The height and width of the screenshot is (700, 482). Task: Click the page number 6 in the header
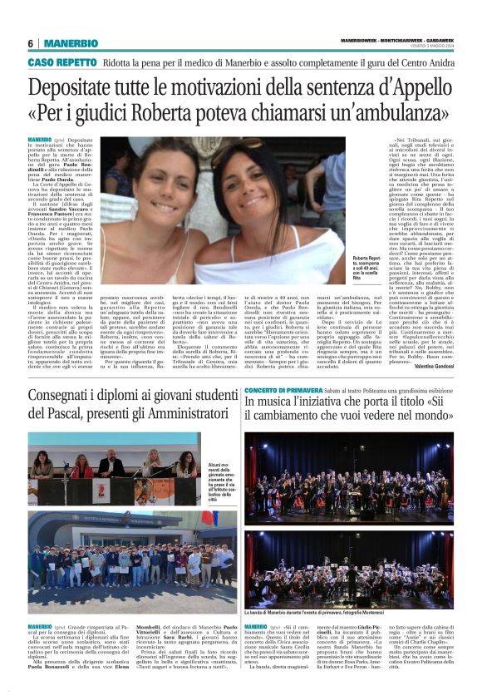(30, 43)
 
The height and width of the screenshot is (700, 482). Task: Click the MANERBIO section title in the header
(71, 43)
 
